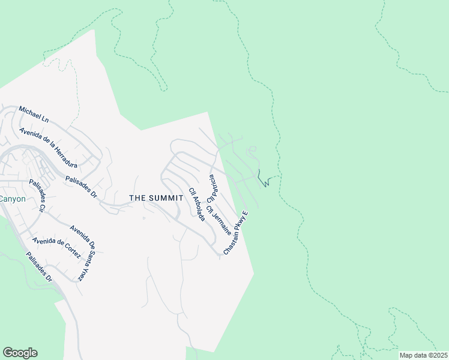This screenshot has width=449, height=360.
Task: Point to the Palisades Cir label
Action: [37, 200]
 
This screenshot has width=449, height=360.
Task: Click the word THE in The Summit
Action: [139, 198]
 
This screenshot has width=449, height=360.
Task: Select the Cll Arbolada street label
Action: [197, 205]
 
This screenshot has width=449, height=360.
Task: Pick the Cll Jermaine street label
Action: [218, 220]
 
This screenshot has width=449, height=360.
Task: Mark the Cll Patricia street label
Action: [211, 188]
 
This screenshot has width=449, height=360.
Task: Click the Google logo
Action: [20, 353]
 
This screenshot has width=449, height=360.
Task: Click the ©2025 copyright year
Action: [436, 355]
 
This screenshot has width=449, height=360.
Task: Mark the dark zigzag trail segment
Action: [263, 179]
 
